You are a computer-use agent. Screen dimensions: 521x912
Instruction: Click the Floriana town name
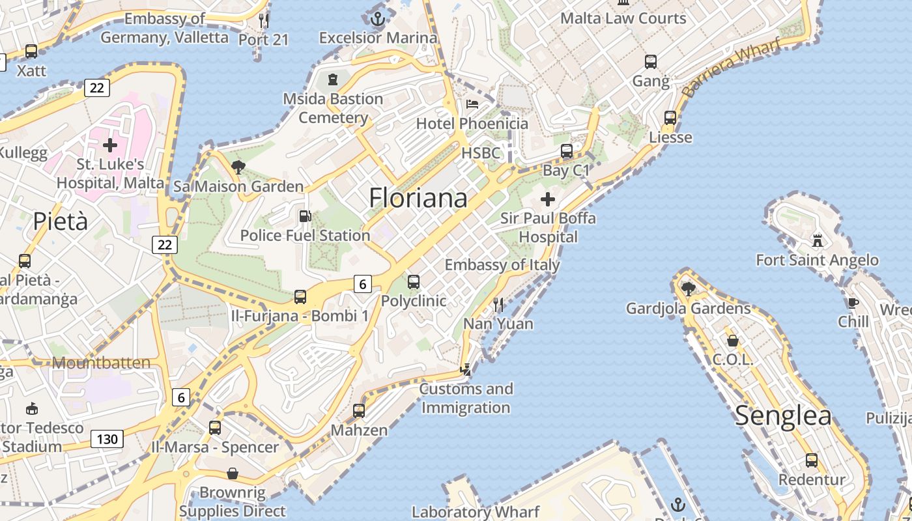(x=418, y=198)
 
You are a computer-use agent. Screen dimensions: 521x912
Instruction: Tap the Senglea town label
(x=783, y=415)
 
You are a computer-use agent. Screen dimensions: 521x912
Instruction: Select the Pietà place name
(x=60, y=221)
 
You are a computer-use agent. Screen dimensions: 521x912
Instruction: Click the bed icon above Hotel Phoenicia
(x=472, y=104)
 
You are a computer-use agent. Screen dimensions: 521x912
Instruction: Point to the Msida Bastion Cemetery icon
(x=333, y=79)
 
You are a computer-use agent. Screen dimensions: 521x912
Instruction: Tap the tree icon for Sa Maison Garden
(x=238, y=167)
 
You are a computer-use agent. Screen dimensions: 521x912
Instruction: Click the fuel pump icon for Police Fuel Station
(x=304, y=216)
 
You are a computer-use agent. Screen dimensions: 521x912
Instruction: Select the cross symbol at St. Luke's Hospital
(x=110, y=145)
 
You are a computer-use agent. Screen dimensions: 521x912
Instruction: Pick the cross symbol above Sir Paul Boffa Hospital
(x=548, y=199)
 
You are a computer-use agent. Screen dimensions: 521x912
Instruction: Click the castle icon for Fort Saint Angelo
(x=817, y=241)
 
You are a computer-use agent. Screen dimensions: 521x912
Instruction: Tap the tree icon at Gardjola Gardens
(x=688, y=289)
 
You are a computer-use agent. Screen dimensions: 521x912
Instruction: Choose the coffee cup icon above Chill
(x=853, y=302)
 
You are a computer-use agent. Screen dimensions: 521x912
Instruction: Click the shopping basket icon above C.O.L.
(x=733, y=341)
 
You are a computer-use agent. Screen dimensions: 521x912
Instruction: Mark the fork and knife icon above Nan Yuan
(x=498, y=304)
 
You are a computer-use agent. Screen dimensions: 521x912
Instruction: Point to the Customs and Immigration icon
(x=466, y=370)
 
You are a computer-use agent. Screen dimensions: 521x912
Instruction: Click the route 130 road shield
(x=106, y=439)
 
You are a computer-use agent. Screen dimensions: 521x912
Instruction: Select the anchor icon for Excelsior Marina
(x=378, y=18)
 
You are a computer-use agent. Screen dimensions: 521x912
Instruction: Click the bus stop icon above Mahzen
(x=359, y=411)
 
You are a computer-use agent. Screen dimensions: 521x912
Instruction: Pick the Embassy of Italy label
(x=502, y=265)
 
